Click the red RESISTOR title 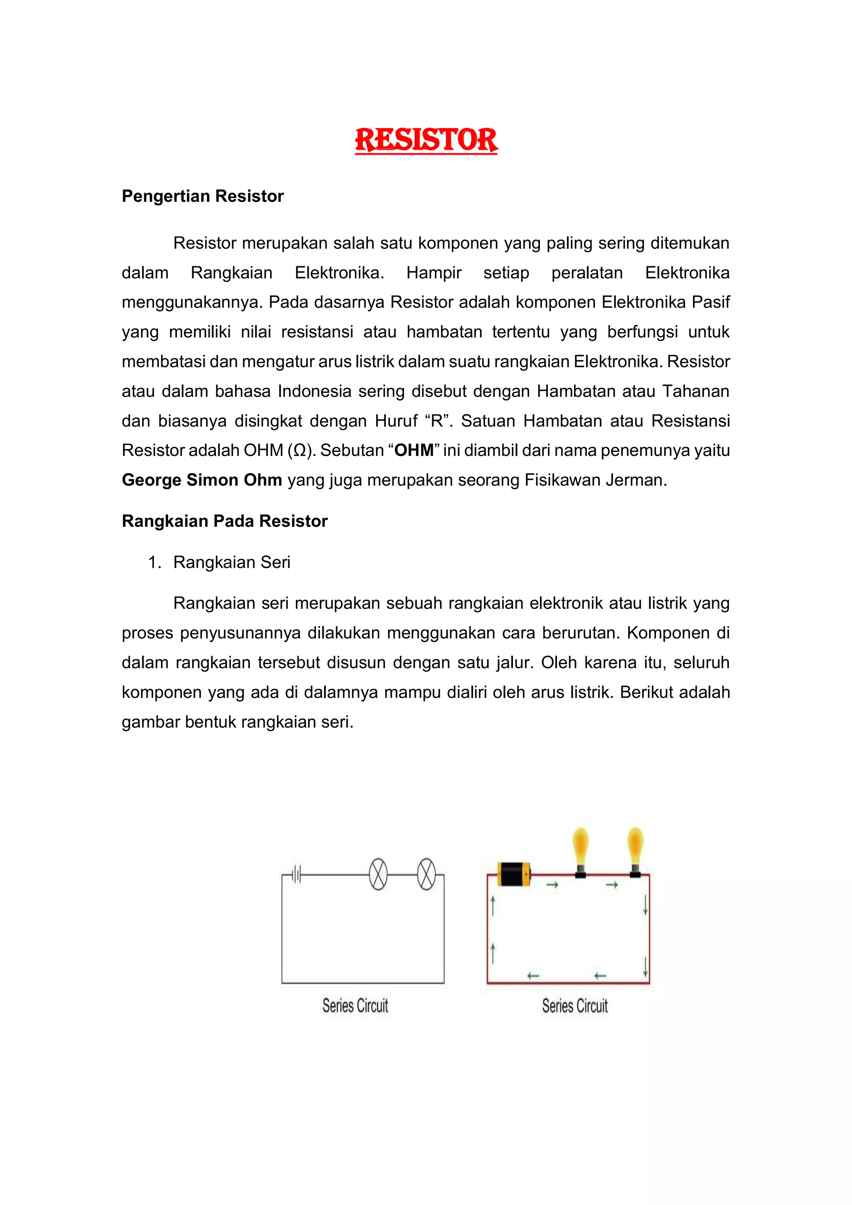426,140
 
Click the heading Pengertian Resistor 203,196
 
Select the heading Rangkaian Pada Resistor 225,521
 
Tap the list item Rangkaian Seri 231,562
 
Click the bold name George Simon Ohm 202,480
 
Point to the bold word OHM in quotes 414,450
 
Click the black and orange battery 514,874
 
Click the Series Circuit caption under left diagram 355,1006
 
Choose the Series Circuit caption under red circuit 575,1006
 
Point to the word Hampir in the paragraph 434,273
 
